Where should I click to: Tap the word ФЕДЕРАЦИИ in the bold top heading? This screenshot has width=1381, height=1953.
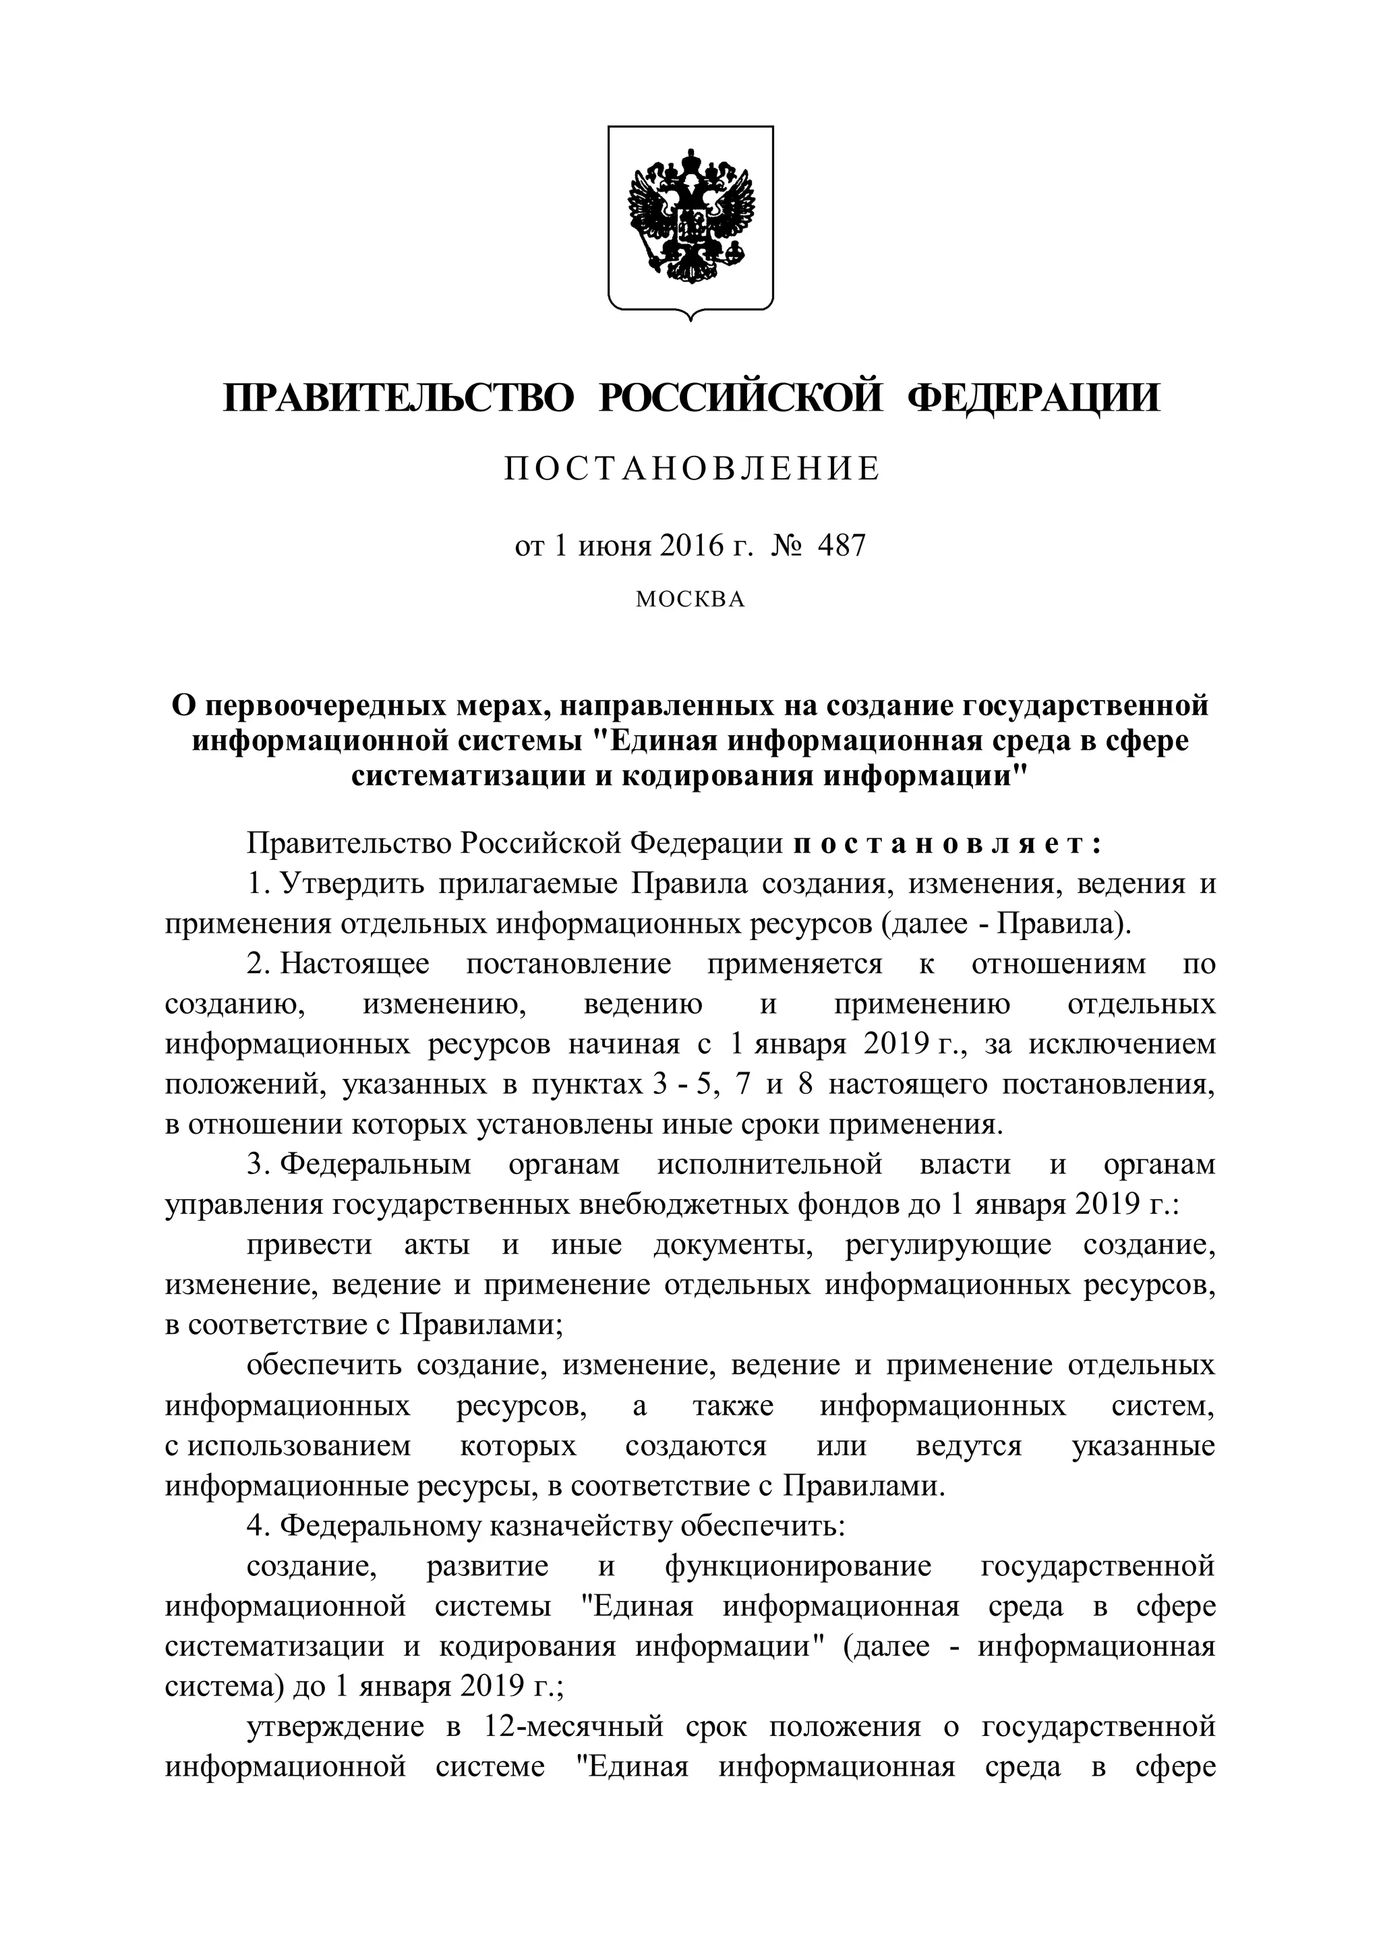1034,397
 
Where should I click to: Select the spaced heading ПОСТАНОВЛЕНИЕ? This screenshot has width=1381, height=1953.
690,469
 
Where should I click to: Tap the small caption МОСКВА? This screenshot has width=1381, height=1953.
690,600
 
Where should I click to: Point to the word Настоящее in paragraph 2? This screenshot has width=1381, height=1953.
355,964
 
